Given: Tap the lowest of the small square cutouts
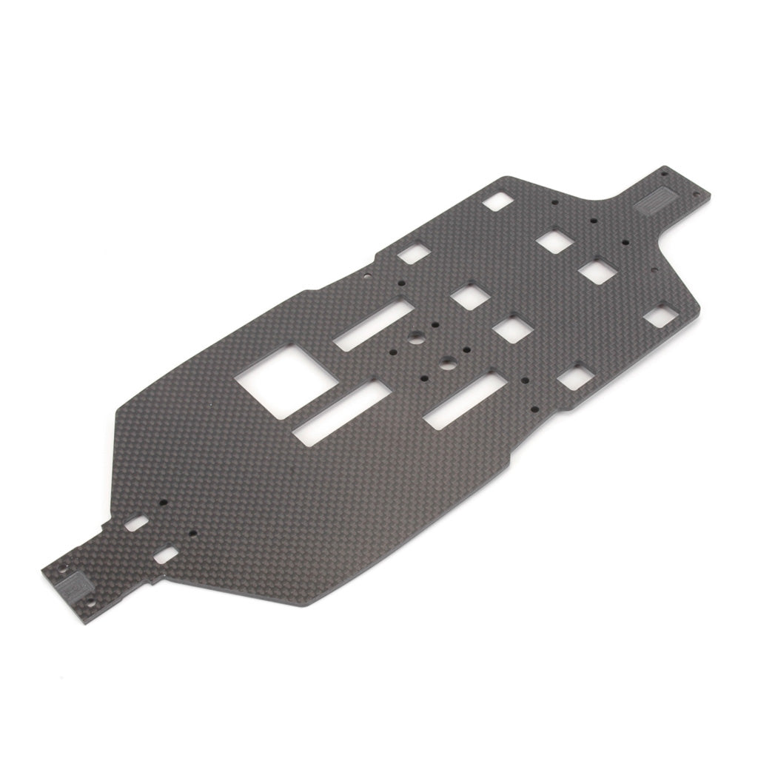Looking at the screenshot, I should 571,378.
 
